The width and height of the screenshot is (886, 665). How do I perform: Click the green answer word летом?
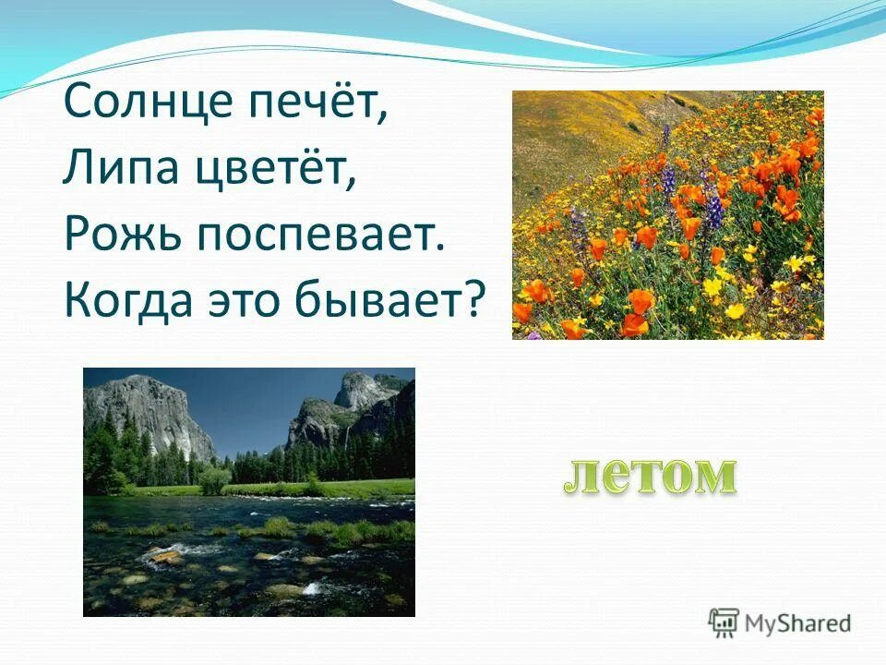(650, 475)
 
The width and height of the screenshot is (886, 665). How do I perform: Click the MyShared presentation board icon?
(723, 622)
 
